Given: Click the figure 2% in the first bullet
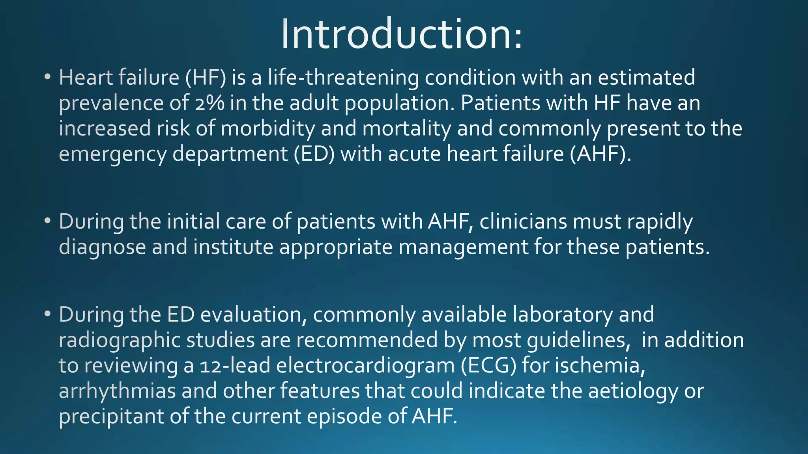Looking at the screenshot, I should tap(209, 103).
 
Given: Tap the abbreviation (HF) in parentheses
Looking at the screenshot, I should tap(206, 78).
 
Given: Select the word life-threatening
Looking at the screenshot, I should tap(343, 78).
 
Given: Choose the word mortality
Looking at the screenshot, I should tap(406, 129).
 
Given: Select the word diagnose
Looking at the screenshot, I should tap(102, 247).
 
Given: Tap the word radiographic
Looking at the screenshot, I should tap(120, 340).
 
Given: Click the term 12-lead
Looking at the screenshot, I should tap(235, 366).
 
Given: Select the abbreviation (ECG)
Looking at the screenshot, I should tap(488, 366).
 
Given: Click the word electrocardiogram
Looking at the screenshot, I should tap(365, 366).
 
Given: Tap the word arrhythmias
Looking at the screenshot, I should tap(117, 391).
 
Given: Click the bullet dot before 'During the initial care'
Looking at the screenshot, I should tap(47, 221).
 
